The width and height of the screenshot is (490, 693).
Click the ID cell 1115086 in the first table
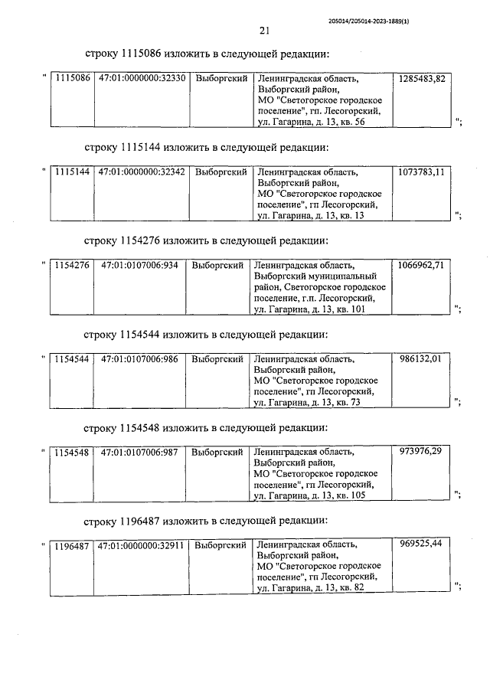pyautogui.click(x=73, y=79)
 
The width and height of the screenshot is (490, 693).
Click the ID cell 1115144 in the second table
pyautogui.click(x=73, y=172)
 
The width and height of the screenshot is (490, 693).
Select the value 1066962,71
pyautogui.click(x=421, y=265)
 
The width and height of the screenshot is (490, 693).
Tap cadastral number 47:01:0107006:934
pyautogui.click(x=140, y=265)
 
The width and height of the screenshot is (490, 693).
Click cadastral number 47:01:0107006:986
pyautogui.click(x=140, y=358)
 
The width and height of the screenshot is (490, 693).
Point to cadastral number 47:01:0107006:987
pyautogui.click(x=140, y=452)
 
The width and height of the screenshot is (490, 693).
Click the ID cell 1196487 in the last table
pyautogui.click(x=73, y=546)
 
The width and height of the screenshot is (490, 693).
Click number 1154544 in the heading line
pyautogui.click(x=142, y=335)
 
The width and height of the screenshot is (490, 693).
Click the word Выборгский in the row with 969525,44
pyautogui.click(x=221, y=546)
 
